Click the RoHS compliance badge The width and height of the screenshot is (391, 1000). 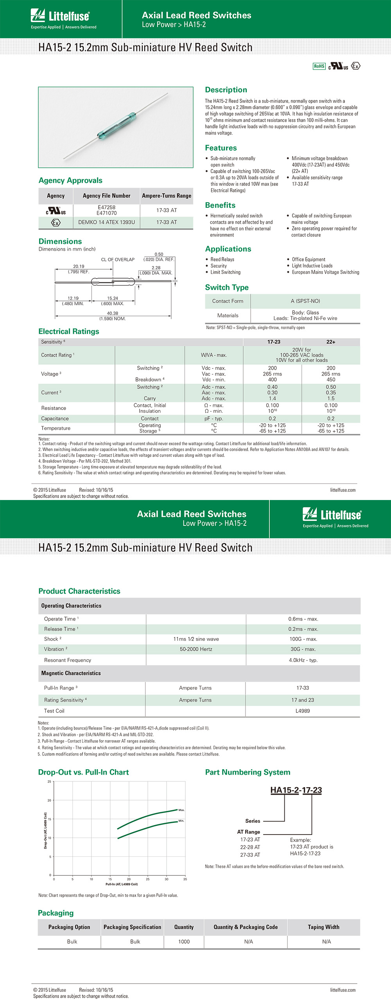click(319, 66)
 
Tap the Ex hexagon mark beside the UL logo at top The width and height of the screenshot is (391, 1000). click(355, 66)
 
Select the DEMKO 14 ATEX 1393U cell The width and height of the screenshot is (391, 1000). click(106, 222)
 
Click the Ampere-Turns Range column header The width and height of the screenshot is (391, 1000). click(167, 196)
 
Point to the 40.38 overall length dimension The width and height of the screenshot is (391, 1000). click(113, 313)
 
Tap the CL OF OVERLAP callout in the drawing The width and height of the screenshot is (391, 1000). click(118, 259)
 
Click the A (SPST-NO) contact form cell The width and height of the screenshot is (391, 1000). click(305, 301)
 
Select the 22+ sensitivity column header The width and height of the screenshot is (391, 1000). click(331, 342)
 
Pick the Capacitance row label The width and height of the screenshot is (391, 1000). click(55, 419)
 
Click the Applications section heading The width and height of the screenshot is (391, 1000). click(228, 249)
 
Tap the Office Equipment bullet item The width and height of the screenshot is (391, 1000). click(308, 259)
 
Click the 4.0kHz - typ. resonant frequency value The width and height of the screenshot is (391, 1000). click(303, 660)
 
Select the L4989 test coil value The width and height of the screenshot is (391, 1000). click(303, 711)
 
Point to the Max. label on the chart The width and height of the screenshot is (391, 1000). click(181, 810)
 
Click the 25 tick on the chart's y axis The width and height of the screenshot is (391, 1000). click(49, 782)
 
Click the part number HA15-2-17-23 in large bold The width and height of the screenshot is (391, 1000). click(296, 790)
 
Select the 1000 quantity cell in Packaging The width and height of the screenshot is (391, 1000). click(184, 941)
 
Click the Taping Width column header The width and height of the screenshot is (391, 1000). click(323, 927)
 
